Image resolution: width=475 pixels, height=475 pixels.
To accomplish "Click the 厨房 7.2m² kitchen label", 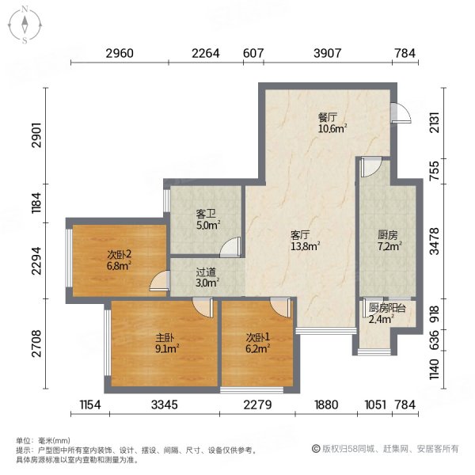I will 387,240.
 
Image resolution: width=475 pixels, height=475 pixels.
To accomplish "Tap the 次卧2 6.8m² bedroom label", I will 119,260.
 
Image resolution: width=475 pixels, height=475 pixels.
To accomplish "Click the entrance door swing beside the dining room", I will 401,115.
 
